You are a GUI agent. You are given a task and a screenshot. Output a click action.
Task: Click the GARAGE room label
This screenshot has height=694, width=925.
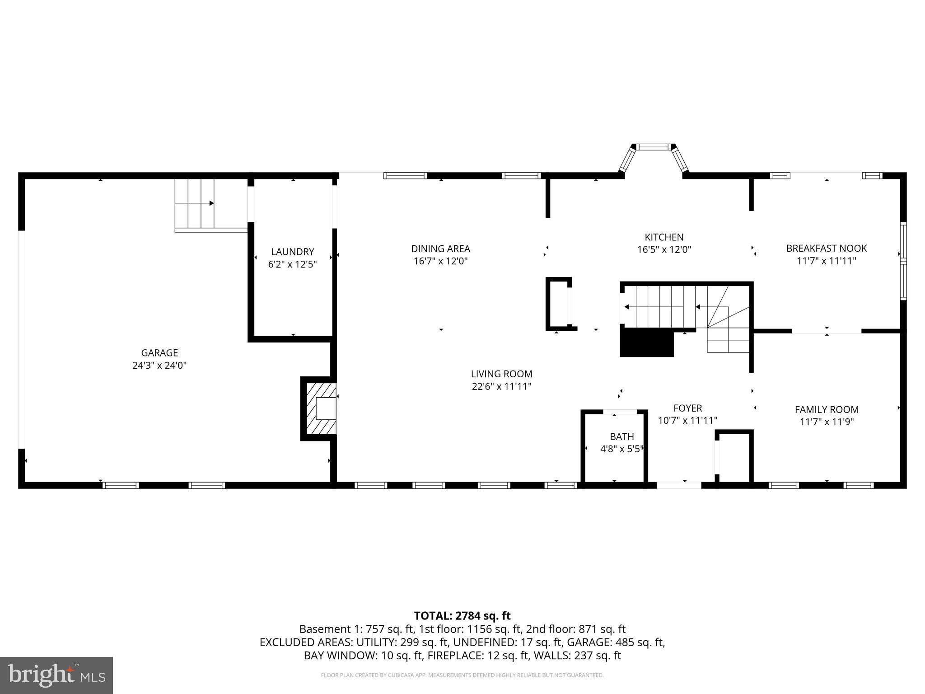[159, 353]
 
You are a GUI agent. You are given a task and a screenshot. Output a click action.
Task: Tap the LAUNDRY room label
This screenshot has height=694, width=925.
[292, 252]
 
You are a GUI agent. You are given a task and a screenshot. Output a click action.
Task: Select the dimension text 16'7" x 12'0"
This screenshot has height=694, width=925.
[440, 261]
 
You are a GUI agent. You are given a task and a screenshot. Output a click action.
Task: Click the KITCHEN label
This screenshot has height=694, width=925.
[664, 237]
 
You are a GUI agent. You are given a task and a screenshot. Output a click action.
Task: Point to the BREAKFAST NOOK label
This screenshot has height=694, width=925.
[826, 249]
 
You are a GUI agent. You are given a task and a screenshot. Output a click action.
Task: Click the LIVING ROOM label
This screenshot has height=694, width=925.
[501, 374]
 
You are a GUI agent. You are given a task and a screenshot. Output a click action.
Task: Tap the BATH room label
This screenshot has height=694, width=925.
[621, 436]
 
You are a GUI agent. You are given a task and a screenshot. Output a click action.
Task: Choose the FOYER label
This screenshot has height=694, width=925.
[687, 408]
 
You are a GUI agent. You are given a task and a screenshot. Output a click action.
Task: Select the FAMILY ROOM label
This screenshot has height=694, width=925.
[826, 410]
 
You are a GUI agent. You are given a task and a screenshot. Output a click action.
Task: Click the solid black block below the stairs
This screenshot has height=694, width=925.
[646, 342]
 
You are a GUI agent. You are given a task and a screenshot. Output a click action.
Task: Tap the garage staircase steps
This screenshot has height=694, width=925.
[194, 203]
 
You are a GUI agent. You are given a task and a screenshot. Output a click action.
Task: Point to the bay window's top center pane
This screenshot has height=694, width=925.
[654, 147]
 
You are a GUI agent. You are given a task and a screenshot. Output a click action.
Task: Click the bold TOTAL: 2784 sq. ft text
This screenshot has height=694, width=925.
[462, 616]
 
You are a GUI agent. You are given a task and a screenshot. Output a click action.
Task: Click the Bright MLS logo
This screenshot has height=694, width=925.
[56, 675]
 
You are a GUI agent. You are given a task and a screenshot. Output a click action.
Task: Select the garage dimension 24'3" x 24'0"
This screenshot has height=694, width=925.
[159, 366]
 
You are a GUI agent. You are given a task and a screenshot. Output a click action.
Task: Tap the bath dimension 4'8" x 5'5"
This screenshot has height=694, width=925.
[621, 449]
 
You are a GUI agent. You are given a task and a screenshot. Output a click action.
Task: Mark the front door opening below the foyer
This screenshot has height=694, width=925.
[678, 485]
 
